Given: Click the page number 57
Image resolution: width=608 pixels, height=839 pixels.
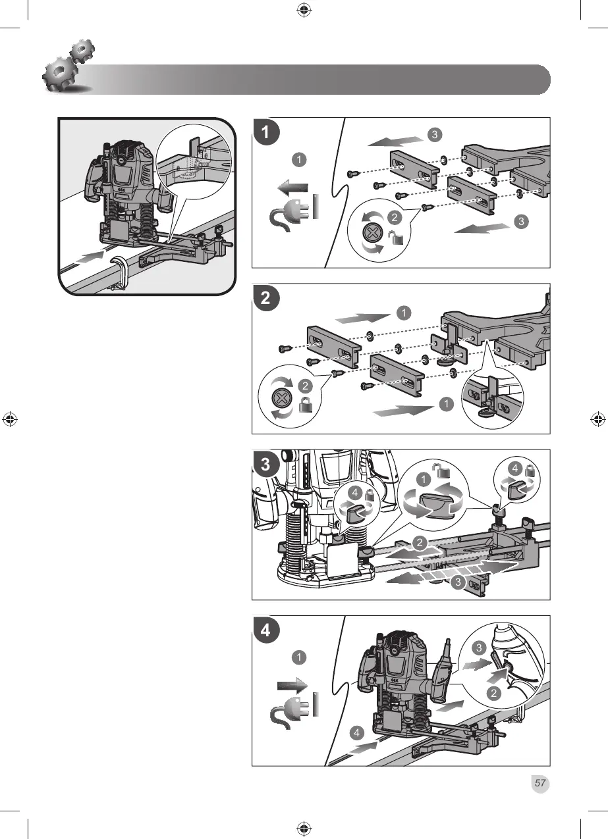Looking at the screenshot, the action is point(539,783).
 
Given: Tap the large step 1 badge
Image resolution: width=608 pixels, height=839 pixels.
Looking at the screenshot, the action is point(265,132).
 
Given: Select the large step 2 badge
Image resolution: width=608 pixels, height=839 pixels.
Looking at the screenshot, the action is point(265,298).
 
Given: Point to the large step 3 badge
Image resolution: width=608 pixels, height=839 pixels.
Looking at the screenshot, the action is point(265,464).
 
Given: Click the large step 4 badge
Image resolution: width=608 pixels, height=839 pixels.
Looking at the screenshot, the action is point(265,630).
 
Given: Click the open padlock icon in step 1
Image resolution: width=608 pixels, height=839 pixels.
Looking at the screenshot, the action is point(395,237).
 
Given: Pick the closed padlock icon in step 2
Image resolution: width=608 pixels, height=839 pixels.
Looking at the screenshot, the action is point(306,405).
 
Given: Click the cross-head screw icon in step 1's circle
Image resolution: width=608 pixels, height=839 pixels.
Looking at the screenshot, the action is point(372,234).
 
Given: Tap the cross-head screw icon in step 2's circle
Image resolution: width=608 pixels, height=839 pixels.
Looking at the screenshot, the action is point(280,397).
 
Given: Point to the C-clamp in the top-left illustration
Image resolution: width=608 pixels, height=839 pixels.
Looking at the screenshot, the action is point(120,272).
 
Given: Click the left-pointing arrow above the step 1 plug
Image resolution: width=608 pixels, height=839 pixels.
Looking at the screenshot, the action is point(292,188).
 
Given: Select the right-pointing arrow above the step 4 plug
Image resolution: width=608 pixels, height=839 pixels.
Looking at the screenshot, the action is point(292,685).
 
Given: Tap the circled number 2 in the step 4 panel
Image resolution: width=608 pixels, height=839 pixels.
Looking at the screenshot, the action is point(493,694).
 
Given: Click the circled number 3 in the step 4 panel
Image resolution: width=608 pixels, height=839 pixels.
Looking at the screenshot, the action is point(479,648).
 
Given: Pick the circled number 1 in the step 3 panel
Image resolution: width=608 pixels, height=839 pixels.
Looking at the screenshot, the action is point(424,480).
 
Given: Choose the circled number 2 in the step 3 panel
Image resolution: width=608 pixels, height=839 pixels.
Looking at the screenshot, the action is point(420,542).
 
